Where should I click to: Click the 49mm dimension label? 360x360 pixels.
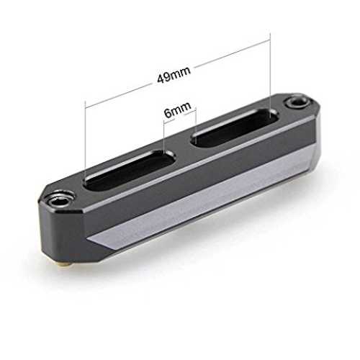point(174,73)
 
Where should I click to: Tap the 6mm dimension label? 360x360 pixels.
point(178,110)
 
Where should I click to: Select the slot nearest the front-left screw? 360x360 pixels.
point(129,169)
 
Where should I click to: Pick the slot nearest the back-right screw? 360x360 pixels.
point(235,128)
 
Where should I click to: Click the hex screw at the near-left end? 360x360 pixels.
point(58,202)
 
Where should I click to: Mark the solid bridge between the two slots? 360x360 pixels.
point(182,149)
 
